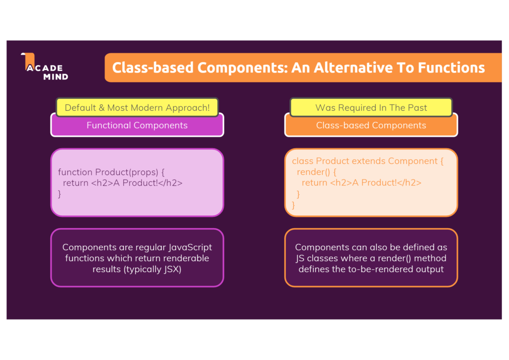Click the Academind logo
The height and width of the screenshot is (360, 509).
coord(44,67)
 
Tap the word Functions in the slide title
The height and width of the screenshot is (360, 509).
coord(451,68)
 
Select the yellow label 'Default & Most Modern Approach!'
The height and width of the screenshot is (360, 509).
coord(137,107)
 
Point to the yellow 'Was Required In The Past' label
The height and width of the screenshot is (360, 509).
coord(371,107)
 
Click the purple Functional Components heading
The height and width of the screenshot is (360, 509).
coord(137,125)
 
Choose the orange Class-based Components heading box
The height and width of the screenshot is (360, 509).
coord(371,125)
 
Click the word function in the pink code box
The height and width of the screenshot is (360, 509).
coord(76,172)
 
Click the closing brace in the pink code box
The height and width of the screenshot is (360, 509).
coord(60,194)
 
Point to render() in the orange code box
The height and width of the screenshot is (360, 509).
coord(314,172)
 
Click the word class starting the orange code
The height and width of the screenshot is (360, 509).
coord(303,161)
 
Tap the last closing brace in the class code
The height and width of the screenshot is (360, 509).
coord(293,205)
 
